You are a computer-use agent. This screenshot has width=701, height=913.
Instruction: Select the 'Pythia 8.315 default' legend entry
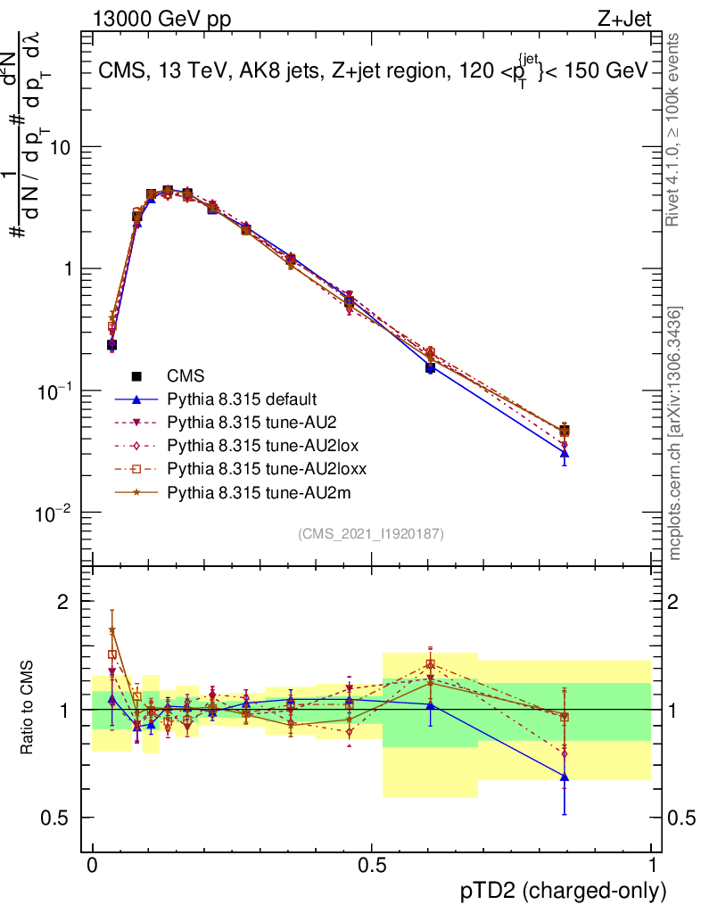click(x=242, y=399)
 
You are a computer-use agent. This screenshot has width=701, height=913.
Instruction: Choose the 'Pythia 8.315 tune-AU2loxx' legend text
click(x=267, y=468)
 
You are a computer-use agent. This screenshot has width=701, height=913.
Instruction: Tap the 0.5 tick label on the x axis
click(x=372, y=866)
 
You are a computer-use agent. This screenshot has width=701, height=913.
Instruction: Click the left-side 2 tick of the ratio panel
click(x=63, y=602)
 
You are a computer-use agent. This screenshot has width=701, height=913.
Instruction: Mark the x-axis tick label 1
click(x=652, y=866)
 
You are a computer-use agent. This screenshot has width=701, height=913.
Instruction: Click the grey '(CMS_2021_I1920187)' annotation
click(x=371, y=534)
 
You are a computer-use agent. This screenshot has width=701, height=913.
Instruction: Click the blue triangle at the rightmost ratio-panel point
click(x=565, y=777)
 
